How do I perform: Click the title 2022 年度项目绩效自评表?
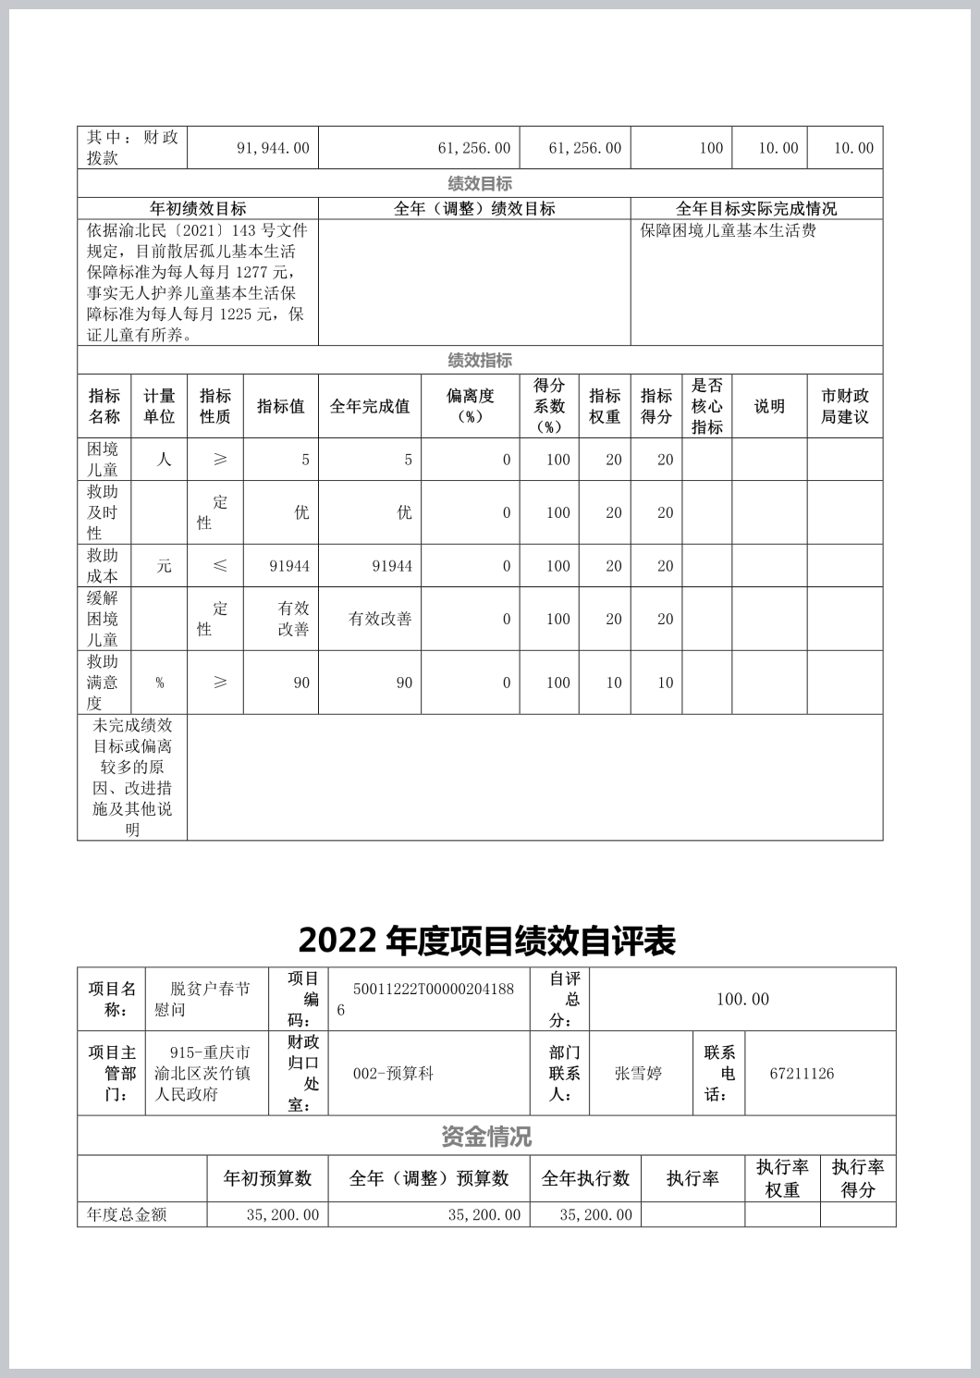point(486,941)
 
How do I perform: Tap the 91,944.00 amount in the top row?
point(273,148)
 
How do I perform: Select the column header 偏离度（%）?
point(470,406)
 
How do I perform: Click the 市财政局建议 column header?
point(844,406)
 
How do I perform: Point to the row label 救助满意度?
point(103,683)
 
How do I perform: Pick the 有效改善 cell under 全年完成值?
point(380,619)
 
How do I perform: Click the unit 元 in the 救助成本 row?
point(164,566)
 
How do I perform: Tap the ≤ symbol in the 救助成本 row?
point(220,566)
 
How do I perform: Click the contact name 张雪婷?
point(638,1074)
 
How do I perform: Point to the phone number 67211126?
point(802,1074)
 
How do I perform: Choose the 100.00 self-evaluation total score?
point(742,999)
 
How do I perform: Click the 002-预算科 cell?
point(393,1074)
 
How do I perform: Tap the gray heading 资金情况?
point(486,1137)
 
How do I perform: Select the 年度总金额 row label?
point(127,1214)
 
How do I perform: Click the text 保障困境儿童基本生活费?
point(728,230)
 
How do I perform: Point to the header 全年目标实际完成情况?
point(755,209)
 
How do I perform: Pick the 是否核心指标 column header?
point(706,406)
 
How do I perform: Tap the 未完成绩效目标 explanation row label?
point(132,777)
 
